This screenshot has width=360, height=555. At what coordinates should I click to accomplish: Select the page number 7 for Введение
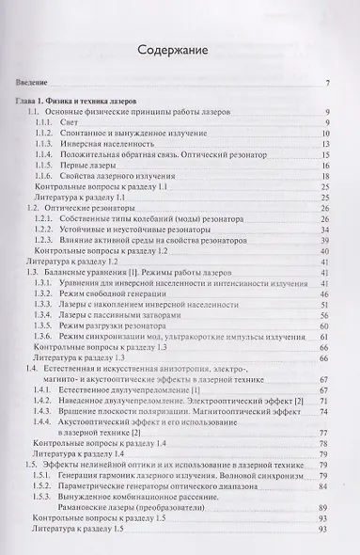tap(325, 87)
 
